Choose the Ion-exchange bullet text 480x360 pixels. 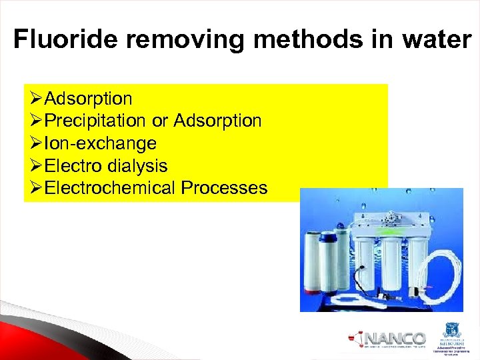(100, 143)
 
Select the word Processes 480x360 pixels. (224, 188)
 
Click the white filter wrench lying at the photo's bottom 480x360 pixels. (373, 303)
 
